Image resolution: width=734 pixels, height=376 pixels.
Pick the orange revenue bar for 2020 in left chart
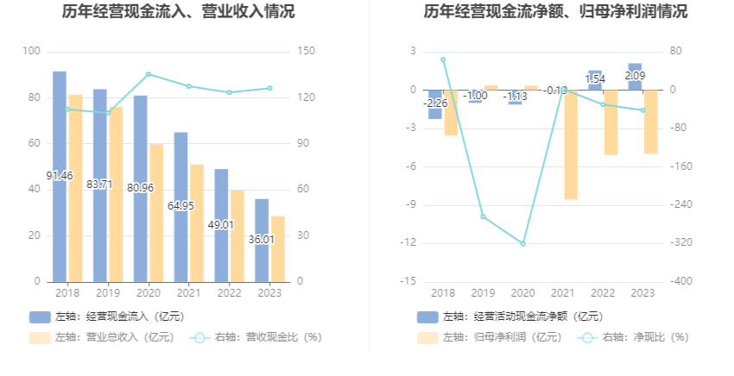(x=156, y=212)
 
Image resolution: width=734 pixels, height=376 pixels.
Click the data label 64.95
(x=180, y=206)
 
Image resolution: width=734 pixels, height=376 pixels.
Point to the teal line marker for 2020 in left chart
(x=148, y=74)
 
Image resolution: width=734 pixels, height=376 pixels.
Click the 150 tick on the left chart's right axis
(x=305, y=52)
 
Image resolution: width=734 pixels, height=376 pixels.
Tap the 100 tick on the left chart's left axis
(x=31, y=52)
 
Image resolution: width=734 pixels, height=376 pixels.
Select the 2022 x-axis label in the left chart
(x=229, y=293)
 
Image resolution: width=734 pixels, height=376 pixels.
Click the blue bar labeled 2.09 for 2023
(x=635, y=77)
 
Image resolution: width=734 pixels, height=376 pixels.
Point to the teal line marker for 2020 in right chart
(x=522, y=243)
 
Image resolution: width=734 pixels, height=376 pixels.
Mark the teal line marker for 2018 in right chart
(x=443, y=60)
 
